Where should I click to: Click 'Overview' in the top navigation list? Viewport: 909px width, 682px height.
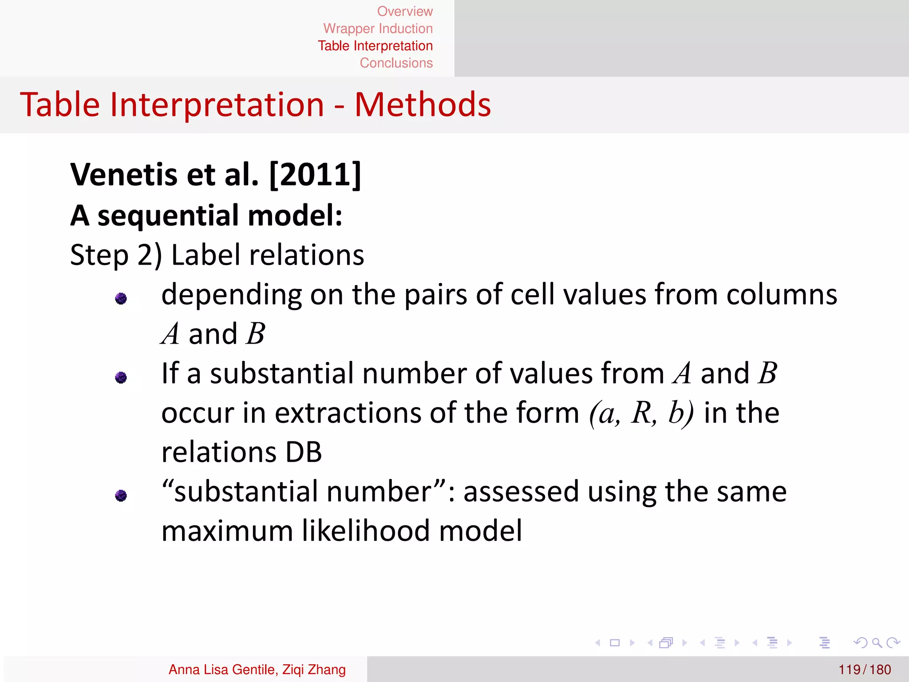404,11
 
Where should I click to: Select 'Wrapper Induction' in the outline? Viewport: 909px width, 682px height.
378,28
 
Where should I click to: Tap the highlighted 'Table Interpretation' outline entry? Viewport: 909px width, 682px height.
375,46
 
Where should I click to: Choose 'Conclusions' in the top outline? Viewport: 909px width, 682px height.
396,63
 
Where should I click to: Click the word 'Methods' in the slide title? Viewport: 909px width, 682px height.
423,105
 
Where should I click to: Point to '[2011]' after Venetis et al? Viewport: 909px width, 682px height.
315,174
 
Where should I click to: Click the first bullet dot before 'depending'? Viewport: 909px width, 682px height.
121,298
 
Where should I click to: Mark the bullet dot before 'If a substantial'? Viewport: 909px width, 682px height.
121,377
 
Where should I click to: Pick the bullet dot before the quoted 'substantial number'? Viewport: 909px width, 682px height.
121,495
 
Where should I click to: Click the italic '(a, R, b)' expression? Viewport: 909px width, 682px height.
641,413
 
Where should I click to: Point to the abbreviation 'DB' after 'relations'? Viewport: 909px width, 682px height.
304,452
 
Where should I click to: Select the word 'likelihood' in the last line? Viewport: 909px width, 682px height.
366,531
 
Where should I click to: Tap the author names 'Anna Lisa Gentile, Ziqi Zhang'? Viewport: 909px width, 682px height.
257,670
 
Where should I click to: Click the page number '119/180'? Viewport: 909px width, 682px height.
864,670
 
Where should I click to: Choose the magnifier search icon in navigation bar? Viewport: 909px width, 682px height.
877,642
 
